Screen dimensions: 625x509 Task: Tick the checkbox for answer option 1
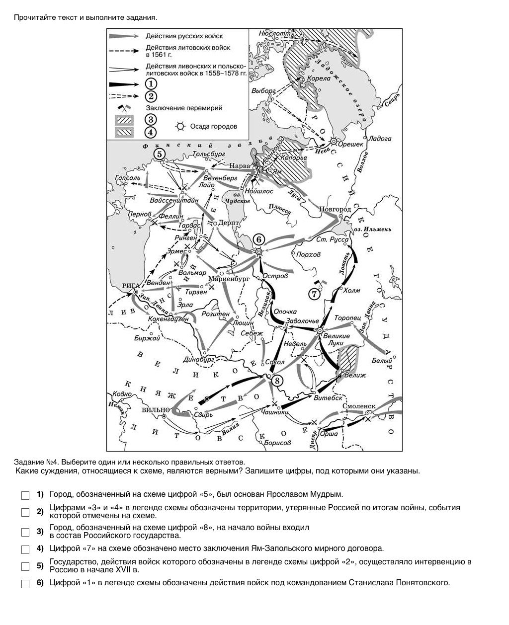[x=25, y=495]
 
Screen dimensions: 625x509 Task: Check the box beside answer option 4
[x=25, y=549]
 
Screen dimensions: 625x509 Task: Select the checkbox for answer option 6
[x=25, y=583]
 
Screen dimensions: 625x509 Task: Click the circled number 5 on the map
[x=159, y=154]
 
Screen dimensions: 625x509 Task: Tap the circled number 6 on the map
[x=259, y=239]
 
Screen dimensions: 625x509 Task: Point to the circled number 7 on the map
[x=314, y=294]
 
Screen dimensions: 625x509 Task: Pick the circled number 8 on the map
[x=277, y=380]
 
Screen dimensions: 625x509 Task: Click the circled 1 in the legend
[x=150, y=84]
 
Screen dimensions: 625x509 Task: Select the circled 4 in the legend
[x=150, y=132]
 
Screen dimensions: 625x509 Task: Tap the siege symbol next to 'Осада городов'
[x=180, y=126]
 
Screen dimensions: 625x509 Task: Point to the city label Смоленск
[x=359, y=406]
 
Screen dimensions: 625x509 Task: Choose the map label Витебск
[x=328, y=397]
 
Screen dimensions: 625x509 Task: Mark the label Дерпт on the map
[x=228, y=223]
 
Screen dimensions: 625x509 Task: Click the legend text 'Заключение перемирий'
[x=184, y=108]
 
